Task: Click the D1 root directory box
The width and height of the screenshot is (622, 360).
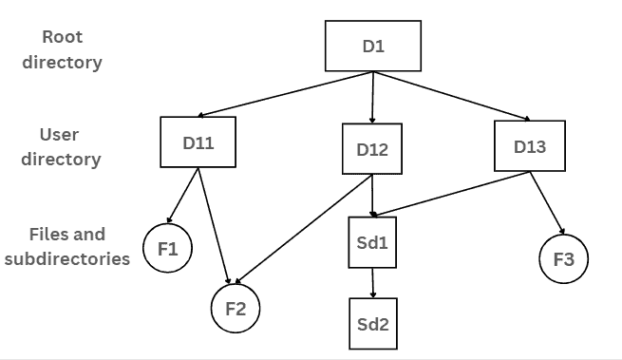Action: click(373, 45)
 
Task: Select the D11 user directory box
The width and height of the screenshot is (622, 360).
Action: click(198, 142)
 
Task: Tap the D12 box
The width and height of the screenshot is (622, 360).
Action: click(372, 150)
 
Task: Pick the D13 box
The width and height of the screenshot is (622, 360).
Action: click(530, 146)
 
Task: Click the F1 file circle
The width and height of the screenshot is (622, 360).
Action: click(168, 250)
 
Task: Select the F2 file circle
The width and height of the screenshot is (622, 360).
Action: click(235, 309)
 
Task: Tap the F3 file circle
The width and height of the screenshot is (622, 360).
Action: click(563, 258)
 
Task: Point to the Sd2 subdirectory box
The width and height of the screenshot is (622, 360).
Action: click(372, 322)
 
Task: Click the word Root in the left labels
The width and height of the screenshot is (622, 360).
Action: click(64, 37)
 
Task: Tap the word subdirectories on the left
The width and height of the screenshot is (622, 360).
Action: click(66, 257)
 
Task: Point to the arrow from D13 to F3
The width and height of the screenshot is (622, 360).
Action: click(548, 203)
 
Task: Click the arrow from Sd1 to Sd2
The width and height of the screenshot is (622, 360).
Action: click(372, 281)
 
